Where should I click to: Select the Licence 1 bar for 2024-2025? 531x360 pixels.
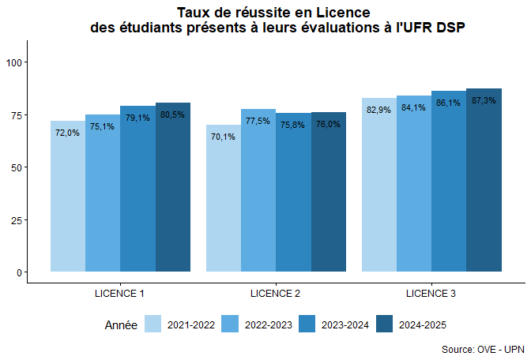(173, 189)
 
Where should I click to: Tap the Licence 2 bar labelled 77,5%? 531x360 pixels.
(258, 193)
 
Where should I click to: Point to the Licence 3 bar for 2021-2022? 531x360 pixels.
(379, 189)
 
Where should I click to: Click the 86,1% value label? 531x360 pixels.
(448, 103)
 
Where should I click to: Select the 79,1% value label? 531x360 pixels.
(137, 118)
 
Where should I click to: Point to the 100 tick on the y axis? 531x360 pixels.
(16, 62)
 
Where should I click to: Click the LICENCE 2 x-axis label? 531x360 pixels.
(275, 294)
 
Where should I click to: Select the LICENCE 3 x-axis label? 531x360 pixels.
(431, 294)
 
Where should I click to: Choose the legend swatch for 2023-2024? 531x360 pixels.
(309, 324)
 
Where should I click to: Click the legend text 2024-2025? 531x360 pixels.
(425, 325)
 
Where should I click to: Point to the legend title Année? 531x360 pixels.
(121, 325)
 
